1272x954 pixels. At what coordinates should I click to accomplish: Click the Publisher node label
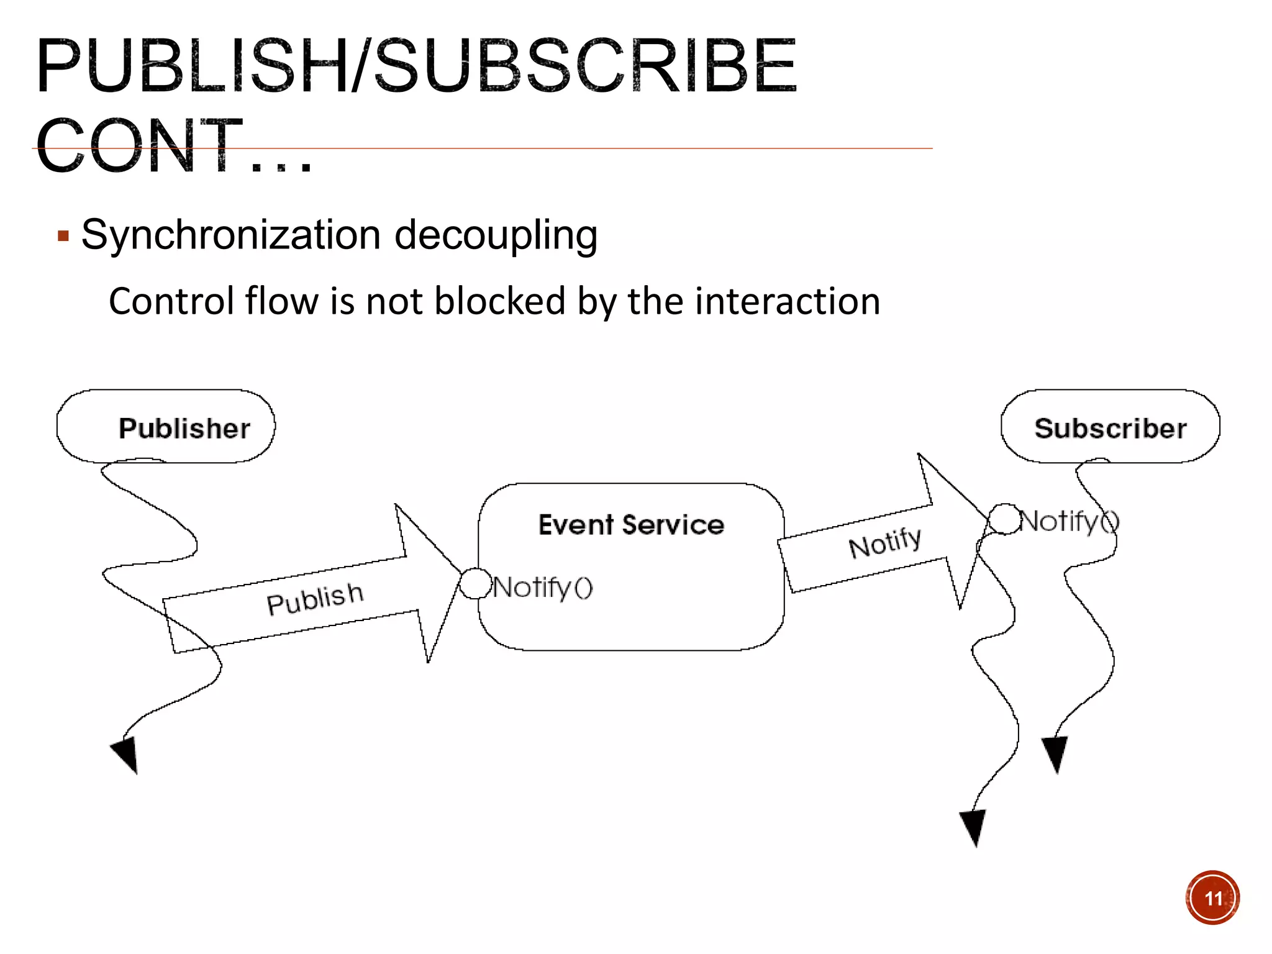click(184, 429)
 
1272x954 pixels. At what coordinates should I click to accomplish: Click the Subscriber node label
click(1110, 429)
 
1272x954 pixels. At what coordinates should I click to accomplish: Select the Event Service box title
click(631, 525)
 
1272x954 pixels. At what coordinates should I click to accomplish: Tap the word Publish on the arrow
click(315, 599)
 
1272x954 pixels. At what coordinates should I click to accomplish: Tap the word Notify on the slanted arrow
click(884, 542)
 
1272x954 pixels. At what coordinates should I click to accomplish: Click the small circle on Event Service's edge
click(476, 584)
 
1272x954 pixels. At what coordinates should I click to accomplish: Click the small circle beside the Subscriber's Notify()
click(1004, 519)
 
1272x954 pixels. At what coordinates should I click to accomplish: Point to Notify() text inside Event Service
click(543, 588)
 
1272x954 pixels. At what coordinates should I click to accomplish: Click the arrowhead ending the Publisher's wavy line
click(127, 753)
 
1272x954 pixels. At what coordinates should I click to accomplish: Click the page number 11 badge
click(1212, 898)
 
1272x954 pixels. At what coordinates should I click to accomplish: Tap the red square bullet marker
click(63, 236)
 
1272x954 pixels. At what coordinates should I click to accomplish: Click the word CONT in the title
click(140, 146)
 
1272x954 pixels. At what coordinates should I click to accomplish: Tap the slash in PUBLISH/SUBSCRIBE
click(361, 66)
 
